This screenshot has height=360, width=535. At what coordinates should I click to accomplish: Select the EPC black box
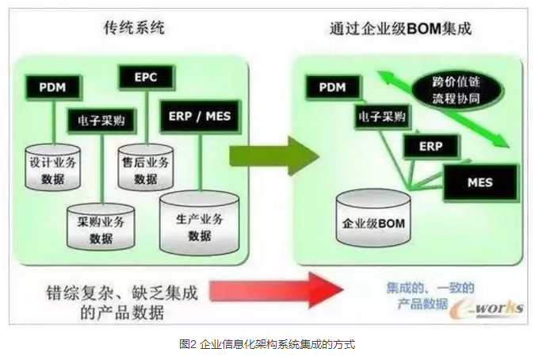tap(145, 78)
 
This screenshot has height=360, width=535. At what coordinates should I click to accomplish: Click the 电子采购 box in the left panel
tap(101, 121)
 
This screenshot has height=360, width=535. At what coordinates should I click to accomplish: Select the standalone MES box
tap(479, 182)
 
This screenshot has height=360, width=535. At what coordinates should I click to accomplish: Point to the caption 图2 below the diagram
tap(267, 344)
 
